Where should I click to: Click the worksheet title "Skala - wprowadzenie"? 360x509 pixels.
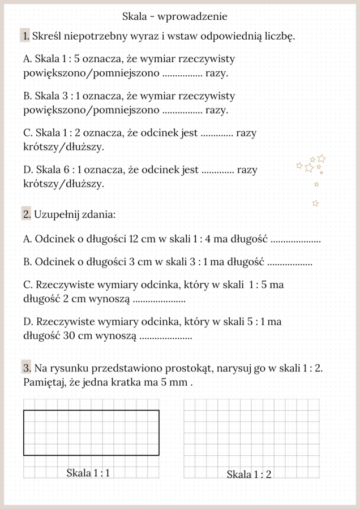click(x=174, y=17)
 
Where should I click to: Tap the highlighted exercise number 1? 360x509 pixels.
click(x=25, y=36)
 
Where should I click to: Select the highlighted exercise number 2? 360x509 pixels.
click(x=27, y=214)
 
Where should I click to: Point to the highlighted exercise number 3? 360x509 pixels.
click(x=27, y=368)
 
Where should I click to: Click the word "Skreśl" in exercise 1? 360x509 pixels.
click(x=49, y=36)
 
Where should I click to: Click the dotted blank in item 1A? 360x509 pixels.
click(x=182, y=74)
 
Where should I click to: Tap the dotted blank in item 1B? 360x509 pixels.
click(x=182, y=111)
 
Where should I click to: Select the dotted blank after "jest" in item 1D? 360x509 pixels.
click(x=218, y=170)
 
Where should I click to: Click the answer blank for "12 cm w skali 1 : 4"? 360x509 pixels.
click(x=296, y=240)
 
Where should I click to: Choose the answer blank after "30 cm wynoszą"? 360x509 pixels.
click(x=165, y=337)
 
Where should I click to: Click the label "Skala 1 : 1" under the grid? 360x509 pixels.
click(x=88, y=473)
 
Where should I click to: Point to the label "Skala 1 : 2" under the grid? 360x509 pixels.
click(x=249, y=475)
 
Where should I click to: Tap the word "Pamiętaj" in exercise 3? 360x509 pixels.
click(x=45, y=383)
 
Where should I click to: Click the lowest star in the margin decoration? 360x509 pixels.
click(x=316, y=203)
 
